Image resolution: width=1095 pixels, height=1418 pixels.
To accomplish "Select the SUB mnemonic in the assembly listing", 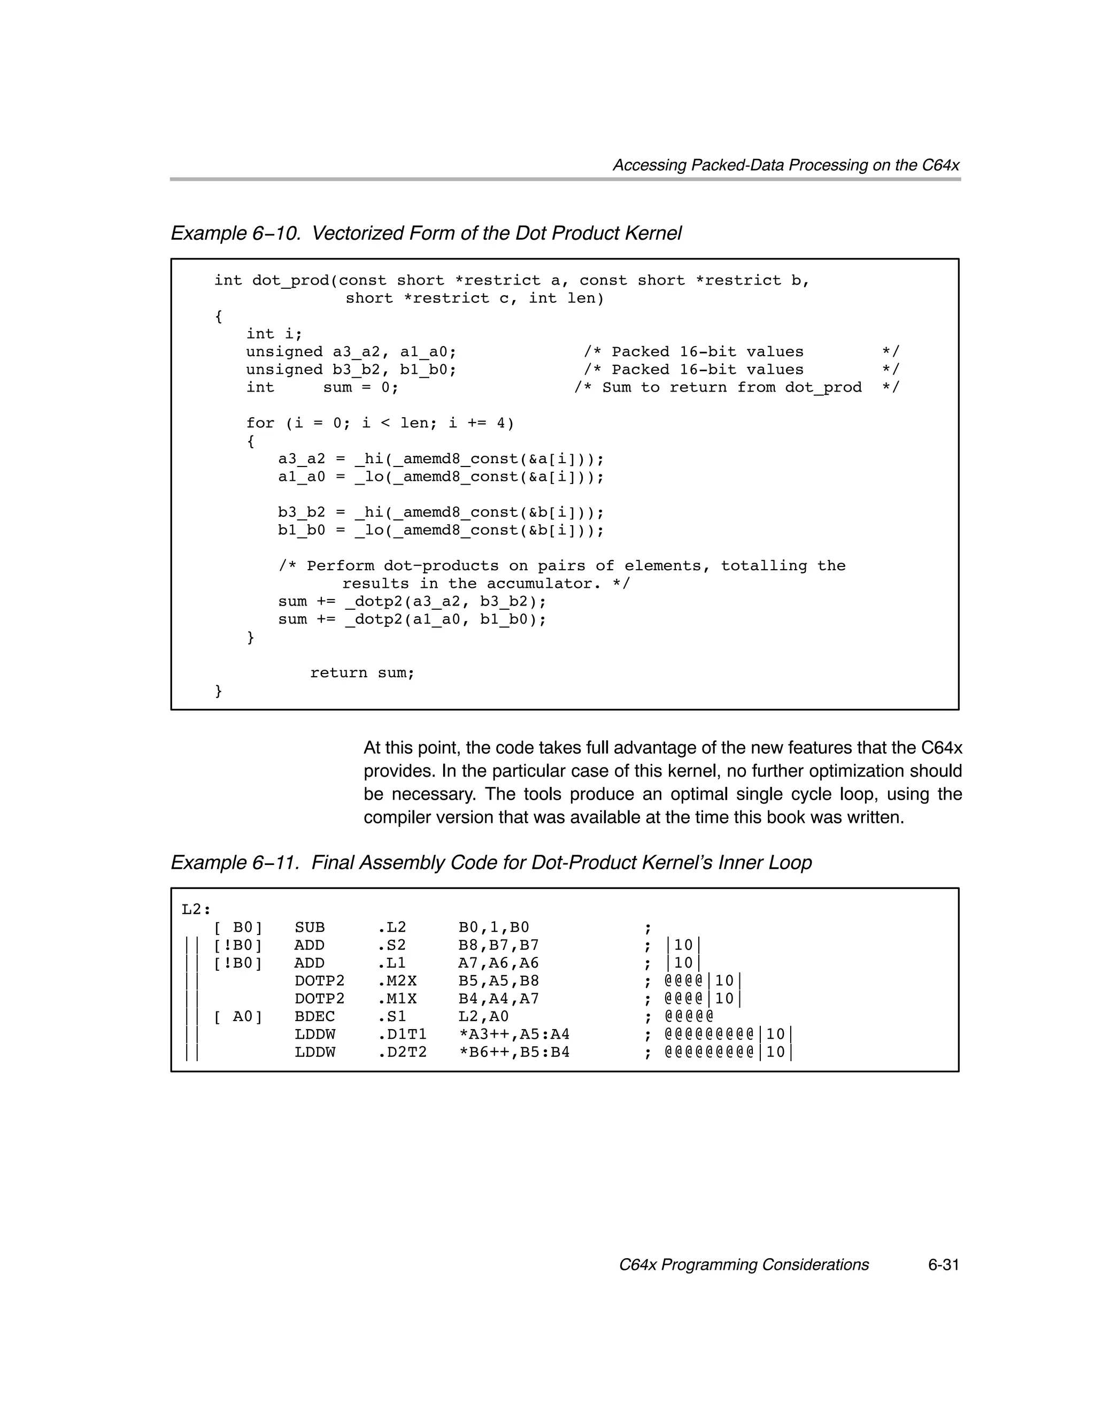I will (x=310, y=927).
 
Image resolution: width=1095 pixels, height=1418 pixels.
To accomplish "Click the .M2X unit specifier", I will (x=397, y=980).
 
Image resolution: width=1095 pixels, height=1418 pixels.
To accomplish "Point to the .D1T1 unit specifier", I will (x=401, y=1033).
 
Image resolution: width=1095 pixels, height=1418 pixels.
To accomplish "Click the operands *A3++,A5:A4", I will (x=513, y=1033).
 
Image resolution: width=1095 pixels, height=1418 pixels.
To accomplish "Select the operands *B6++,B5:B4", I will (x=513, y=1052).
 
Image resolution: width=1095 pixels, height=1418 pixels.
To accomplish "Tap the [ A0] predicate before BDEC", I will (x=237, y=1016).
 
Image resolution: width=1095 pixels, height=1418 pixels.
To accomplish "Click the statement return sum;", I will (x=361, y=673).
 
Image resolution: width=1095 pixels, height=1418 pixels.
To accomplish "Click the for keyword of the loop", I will (x=260, y=423).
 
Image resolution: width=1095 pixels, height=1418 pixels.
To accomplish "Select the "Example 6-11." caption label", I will (x=235, y=862).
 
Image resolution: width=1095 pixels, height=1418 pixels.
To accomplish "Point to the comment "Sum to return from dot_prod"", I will (x=731, y=388).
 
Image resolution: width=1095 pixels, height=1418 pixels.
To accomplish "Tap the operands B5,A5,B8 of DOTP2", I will (x=498, y=980).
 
